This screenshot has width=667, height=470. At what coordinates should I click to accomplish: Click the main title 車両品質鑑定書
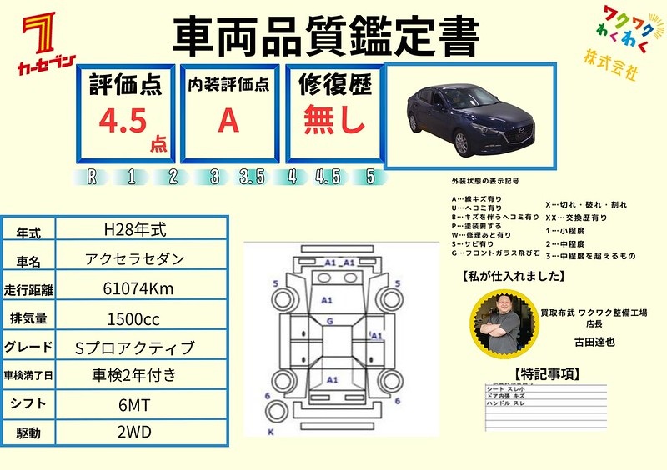coord(326,37)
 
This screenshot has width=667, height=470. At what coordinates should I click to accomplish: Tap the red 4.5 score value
coord(123,120)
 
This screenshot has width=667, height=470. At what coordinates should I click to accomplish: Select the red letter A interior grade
coord(228,121)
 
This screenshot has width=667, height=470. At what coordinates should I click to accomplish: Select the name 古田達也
coord(593,341)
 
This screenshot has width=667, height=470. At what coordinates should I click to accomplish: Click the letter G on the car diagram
coord(330,321)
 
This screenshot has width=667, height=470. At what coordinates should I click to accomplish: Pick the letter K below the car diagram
coord(270,432)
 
